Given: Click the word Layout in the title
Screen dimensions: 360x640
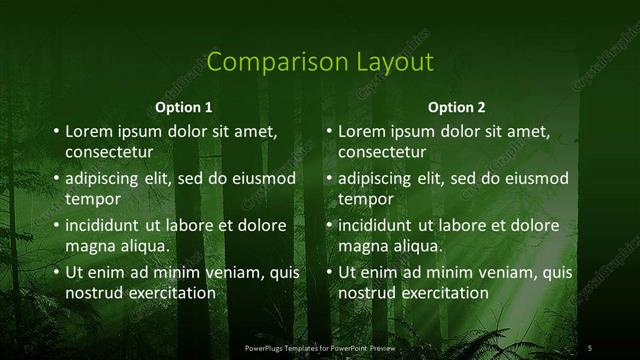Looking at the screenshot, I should point(392,62).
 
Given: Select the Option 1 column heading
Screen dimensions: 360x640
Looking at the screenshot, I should point(185,107).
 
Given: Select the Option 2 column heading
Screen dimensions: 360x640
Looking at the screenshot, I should point(457,107).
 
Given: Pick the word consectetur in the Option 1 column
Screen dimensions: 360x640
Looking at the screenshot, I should point(109,152).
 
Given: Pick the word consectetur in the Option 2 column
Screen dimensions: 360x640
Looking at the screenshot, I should point(382,152).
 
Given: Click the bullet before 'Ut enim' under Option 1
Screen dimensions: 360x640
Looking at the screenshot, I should point(56,272).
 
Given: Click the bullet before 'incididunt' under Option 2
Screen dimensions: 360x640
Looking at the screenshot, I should point(329,225).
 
